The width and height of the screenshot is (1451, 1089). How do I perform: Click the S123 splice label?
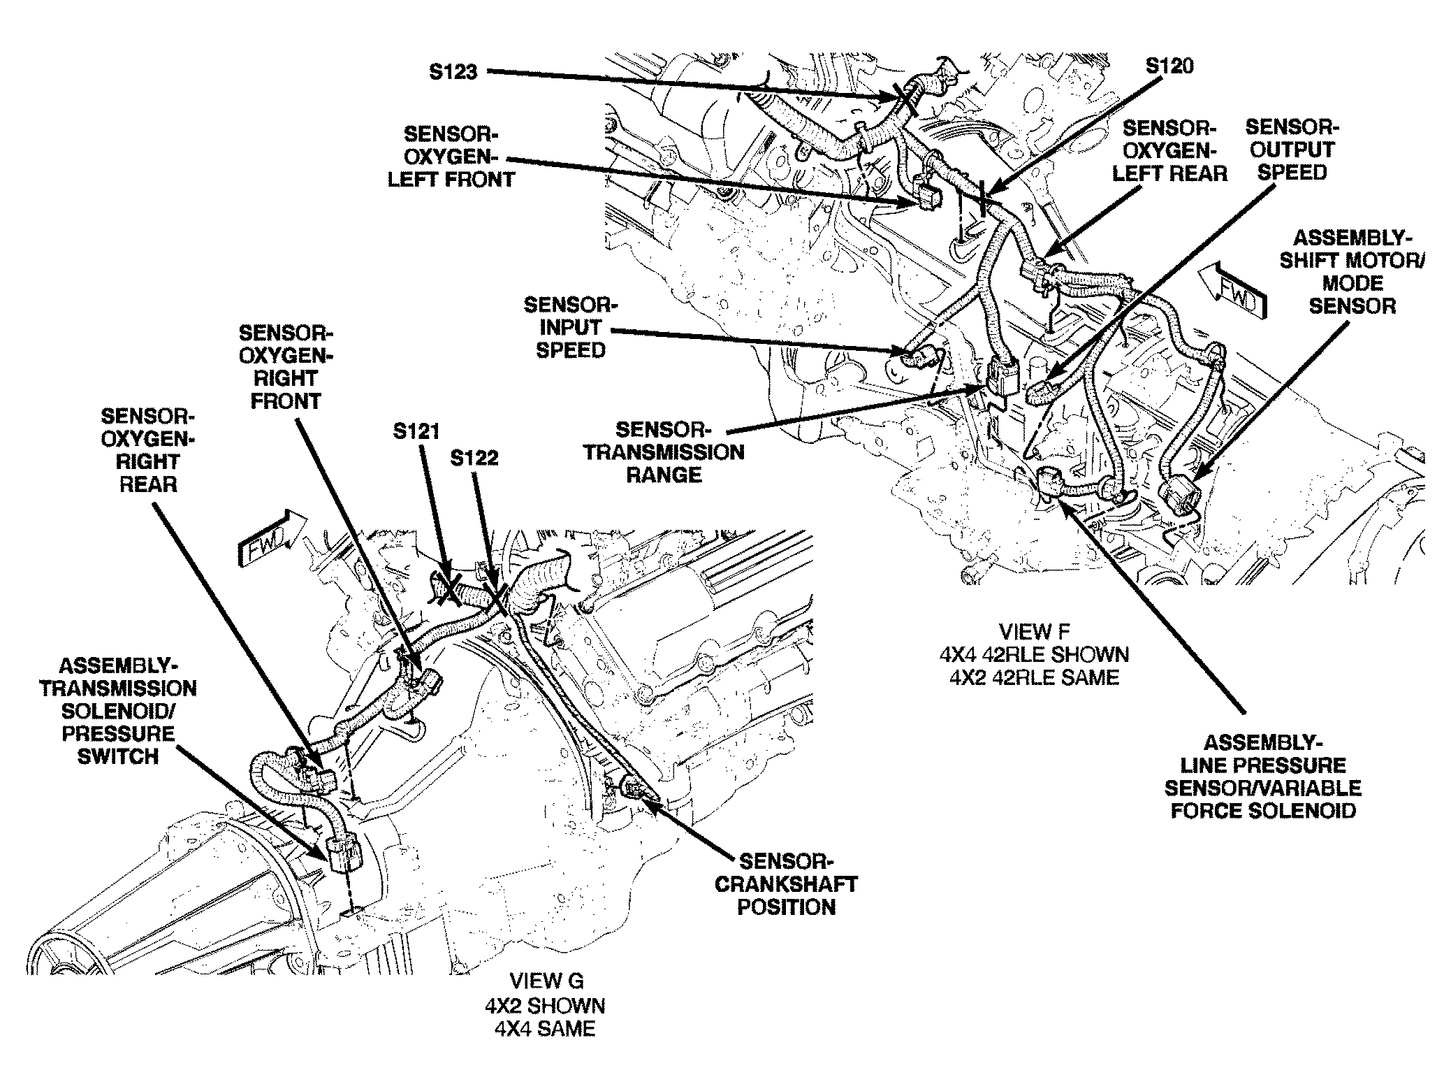pyautogui.click(x=453, y=71)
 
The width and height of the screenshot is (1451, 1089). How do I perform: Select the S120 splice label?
pyautogui.click(x=1169, y=66)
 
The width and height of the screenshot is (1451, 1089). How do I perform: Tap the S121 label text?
pyautogui.click(x=416, y=431)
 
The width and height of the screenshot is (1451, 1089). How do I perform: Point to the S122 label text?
pyautogui.click(x=474, y=458)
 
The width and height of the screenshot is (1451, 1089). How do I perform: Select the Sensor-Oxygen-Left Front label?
pyautogui.click(x=451, y=157)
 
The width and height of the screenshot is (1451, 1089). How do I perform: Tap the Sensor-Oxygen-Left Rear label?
pyautogui.click(x=1169, y=151)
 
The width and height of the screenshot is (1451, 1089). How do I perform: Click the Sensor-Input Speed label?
pyautogui.click(x=571, y=327)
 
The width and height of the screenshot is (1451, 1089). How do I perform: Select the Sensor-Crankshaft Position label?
pyautogui.click(x=786, y=884)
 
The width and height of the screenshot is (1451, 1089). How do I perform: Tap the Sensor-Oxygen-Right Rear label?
pyautogui.click(x=147, y=450)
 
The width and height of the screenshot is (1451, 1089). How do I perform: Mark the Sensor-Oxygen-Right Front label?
pyautogui.click(x=286, y=367)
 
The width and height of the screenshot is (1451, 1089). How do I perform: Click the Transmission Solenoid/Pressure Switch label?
pyautogui.click(x=118, y=711)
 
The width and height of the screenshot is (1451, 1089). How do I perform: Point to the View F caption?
pyautogui.click(x=1034, y=654)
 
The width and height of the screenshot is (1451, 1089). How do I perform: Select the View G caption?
pyautogui.click(x=545, y=1006)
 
